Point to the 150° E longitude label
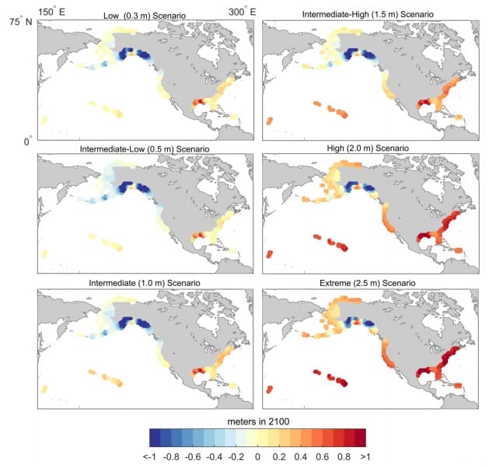pyautogui.click(x=52, y=11)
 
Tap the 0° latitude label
pyautogui.click(x=27, y=142)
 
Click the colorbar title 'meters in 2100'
pyautogui.click(x=257, y=421)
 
